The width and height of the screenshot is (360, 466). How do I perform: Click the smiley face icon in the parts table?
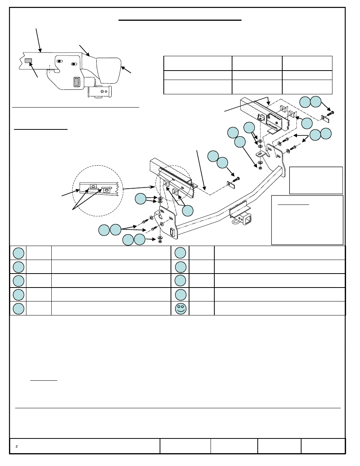180,309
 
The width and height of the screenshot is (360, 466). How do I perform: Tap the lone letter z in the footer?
17,446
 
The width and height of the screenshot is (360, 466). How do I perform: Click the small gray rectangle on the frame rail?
28,61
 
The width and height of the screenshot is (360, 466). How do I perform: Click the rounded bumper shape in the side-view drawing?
109,70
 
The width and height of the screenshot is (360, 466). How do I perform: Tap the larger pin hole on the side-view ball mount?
102,92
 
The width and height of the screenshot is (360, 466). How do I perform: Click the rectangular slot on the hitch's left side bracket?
172,232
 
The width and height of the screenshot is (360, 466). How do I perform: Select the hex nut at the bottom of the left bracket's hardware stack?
160,241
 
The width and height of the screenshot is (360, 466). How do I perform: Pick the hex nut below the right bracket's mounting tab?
260,168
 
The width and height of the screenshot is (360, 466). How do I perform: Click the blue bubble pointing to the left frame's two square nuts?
188,211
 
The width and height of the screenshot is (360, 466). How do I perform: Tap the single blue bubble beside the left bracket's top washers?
141,198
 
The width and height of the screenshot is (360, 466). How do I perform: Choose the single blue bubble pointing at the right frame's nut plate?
307,123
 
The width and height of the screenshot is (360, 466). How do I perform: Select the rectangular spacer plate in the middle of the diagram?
231,185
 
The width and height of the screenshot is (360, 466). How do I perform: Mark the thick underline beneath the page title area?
180,20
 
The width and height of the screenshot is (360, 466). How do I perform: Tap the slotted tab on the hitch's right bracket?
261,154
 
